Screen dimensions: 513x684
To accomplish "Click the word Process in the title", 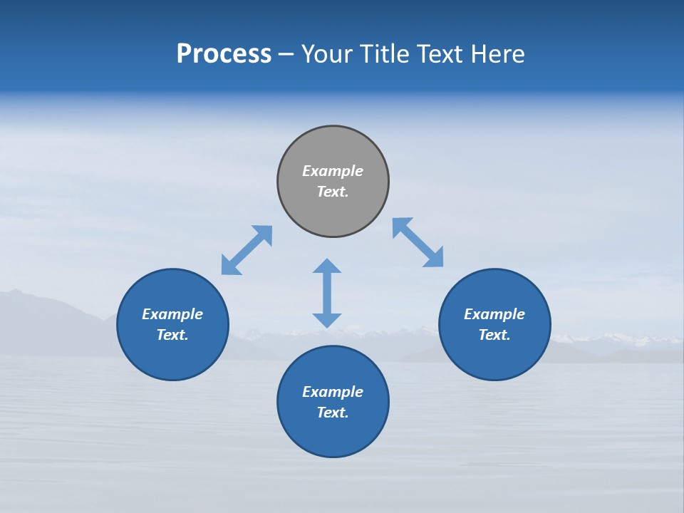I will (x=224, y=54).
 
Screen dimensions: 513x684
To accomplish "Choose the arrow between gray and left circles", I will (x=247, y=250).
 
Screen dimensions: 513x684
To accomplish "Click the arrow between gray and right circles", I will (x=418, y=243).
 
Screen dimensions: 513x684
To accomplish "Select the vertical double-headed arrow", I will (x=327, y=293).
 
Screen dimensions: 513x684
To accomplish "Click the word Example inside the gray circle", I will (x=333, y=171).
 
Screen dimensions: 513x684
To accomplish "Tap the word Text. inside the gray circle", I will (x=333, y=192).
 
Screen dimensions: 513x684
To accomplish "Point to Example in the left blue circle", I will (x=172, y=314).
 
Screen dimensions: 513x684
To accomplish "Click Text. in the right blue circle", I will (x=494, y=335).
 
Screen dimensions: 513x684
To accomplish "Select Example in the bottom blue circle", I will (x=333, y=392).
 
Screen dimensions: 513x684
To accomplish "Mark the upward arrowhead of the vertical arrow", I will (x=327, y=266).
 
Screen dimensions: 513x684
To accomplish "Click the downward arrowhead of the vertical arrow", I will (x=327, y=320).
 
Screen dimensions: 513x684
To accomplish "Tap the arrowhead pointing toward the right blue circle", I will (x=435, y=259).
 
